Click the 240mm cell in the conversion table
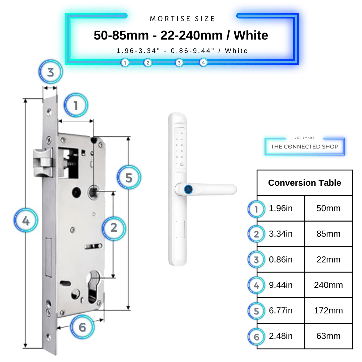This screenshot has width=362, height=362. (x=328, y=285)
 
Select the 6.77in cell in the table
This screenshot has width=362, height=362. (x=281, y=310)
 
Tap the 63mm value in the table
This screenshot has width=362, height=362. (x=328, y=336)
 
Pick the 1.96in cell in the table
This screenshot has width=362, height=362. (x=281, y=208)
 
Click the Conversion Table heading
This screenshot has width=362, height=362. (x=304, y=183)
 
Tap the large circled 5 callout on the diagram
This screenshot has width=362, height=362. (x=129, y=178)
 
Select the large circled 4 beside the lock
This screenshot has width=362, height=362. (x=26, y=221)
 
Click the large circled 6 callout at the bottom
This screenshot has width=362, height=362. (x=82, y=327)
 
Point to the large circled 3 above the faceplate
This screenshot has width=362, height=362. (x=50, y=72)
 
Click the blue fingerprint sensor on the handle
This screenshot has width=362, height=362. (x=188, y=189)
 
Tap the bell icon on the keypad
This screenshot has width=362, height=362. (x=182, y=164)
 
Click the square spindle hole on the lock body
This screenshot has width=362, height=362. (x=94, y=192)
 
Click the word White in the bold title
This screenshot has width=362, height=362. (x=251, y=35)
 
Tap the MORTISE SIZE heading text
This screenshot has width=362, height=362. (x=182, y=19)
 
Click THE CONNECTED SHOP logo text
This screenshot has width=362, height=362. (x=304, y=146)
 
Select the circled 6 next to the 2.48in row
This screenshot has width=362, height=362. (x=256, y=337)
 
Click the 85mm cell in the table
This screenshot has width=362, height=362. (x=328, y=234)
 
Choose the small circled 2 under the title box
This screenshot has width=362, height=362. (x=147, y=63)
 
